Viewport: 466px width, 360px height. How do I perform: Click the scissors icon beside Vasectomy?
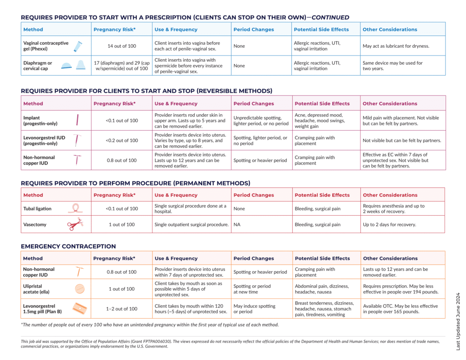click(75, 224)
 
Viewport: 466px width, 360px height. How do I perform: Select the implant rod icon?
click(77, 120)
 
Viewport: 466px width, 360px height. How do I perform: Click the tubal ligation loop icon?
click(76, 208)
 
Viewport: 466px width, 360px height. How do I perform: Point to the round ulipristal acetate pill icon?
click(80, 289)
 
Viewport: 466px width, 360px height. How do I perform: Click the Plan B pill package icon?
click(80, 309)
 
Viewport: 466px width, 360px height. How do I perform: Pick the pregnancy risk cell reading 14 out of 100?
click(122, 46)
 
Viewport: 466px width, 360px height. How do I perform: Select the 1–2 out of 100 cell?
click(122, 309)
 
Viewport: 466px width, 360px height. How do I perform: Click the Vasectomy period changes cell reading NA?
click(237, 224)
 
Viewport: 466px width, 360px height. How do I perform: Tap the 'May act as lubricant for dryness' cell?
click(396, 46)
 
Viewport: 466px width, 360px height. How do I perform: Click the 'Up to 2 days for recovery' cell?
click(390, 224)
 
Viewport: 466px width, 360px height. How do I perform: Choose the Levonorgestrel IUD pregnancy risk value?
click(122, 140)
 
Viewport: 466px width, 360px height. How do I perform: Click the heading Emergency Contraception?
click(68, 246)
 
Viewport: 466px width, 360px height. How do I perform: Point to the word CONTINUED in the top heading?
click(330, 18)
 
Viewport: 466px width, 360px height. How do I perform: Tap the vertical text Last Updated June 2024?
click(458, 321)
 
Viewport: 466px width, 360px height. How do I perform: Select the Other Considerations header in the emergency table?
click(390, 259)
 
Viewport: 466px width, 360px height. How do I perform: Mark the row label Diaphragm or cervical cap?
click(38, 66)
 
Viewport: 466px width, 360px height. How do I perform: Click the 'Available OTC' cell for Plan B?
click(400, 309)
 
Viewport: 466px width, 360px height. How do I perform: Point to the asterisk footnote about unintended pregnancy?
click(150, 325)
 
